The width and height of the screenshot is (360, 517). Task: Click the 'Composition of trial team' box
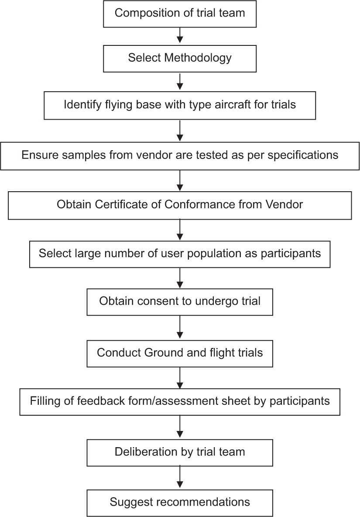[x=180, y=14]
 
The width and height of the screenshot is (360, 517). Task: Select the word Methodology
[x=198, y=58]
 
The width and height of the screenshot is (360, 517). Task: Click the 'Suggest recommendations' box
[x=180, y=503]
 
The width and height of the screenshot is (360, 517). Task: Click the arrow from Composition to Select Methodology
[x=180, y=35]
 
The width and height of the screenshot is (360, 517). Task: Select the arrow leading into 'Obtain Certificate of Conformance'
[x=180, y=181]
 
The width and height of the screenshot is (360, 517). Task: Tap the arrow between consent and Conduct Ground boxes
[x=180, y=327]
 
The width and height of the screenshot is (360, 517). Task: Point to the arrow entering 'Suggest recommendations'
[x=180, y=477]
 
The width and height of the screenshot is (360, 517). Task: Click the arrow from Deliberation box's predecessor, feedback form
[x=180, y=427]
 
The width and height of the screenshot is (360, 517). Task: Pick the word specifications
[x=303, y=155]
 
